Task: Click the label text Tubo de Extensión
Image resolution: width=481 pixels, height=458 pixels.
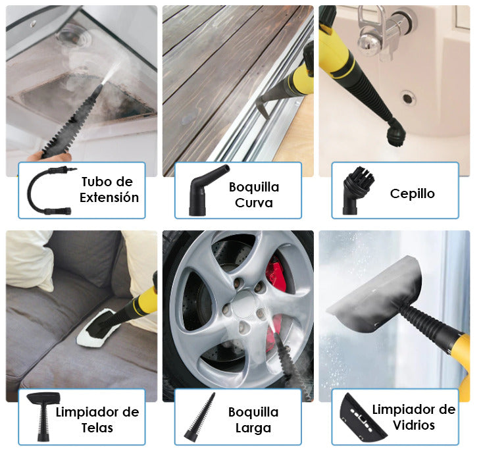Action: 109,190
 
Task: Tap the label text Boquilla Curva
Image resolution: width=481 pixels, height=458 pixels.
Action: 253,195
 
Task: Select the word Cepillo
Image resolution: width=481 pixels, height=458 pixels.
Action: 412,193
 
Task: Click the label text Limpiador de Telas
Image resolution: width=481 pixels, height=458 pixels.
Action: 97,420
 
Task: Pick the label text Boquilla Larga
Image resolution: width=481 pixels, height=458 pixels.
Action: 253,420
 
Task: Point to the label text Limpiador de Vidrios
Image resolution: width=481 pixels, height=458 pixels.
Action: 413,417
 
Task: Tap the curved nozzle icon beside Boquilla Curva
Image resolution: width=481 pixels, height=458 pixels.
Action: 207,190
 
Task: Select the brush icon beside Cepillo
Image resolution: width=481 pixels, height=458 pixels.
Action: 354,191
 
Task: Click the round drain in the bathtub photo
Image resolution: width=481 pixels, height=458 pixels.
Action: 408,99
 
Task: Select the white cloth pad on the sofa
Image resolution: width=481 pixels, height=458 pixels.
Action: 99,332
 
